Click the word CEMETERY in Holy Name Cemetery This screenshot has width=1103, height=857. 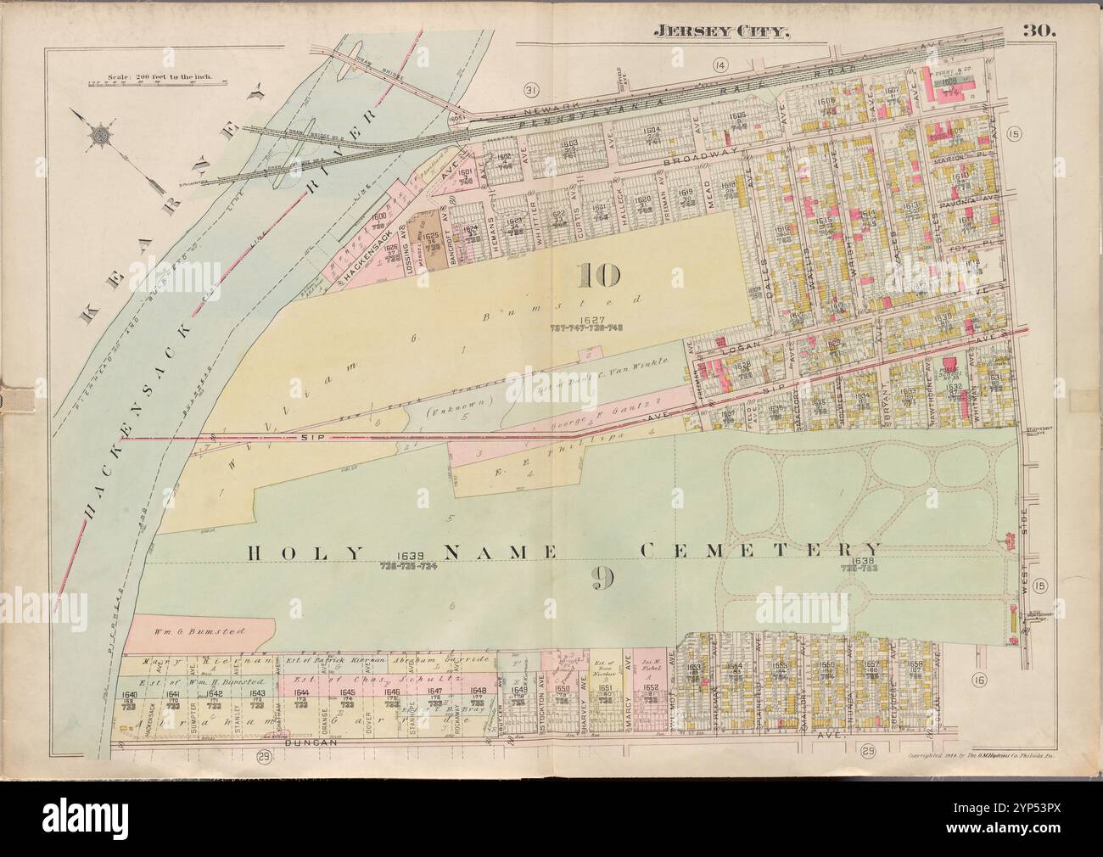pyautogui.click(x=760, y=550)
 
